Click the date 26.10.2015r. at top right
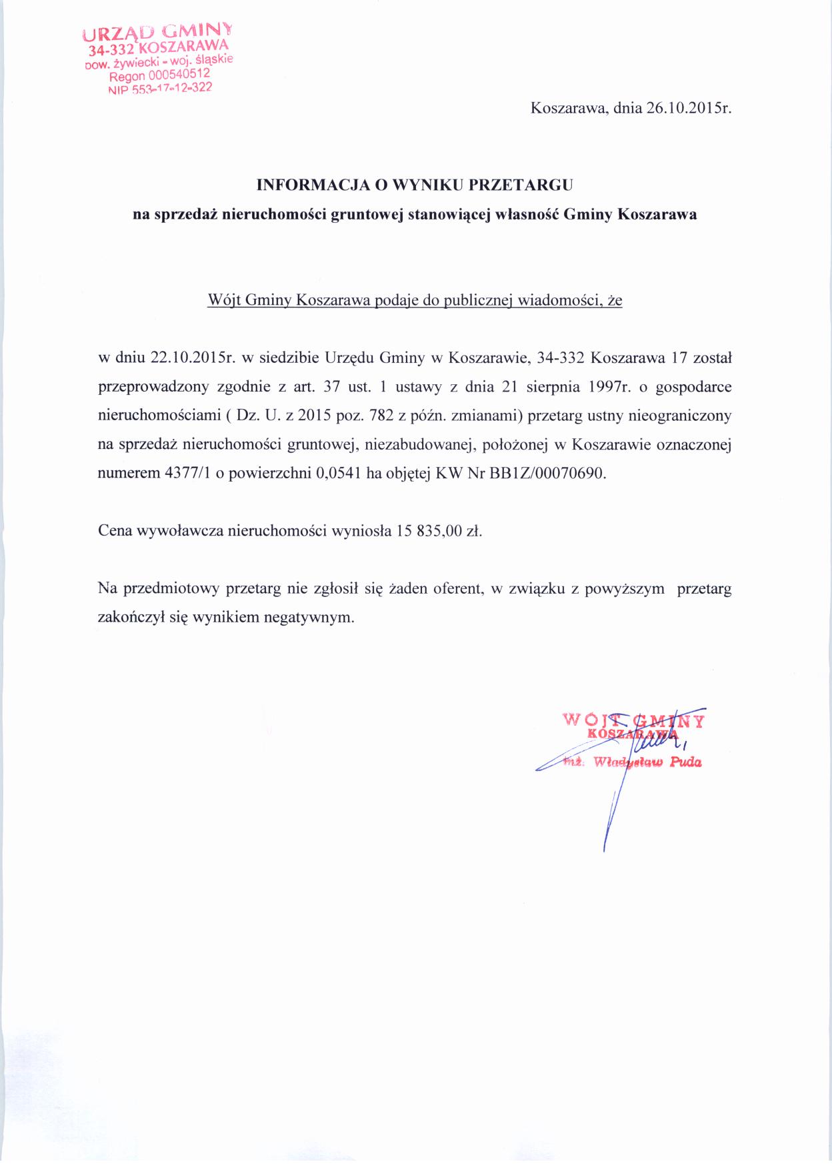click(689, 109)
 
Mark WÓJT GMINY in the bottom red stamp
click(633, 720)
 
